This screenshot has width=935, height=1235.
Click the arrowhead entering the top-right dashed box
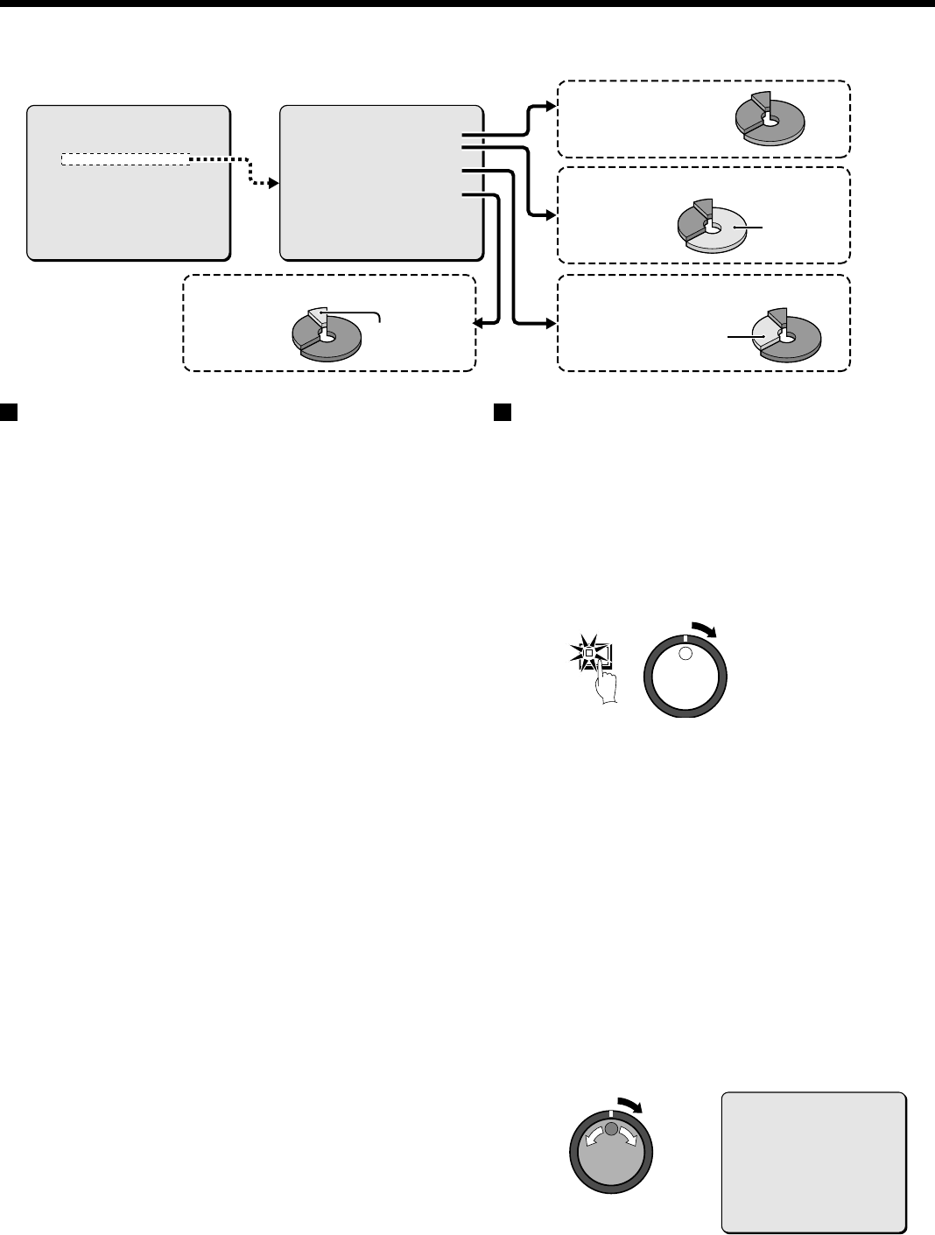click(549, 107)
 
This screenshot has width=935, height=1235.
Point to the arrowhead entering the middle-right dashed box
click(549, 215)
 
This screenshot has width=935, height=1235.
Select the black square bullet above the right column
click(501, 411)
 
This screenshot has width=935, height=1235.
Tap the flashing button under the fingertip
click(591, 652)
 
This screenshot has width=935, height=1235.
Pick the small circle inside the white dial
click(685, 655)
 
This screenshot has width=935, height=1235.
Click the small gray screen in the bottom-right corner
click(813, 1161)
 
